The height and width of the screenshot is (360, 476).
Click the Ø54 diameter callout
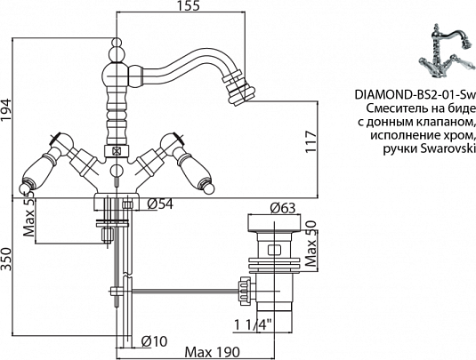[160, 204]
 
